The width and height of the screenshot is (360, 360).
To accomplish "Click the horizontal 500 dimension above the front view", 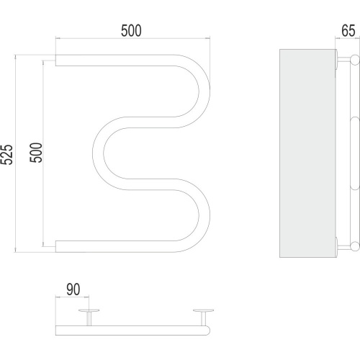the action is click(131, 30).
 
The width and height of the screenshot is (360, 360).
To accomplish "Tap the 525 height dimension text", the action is click(6, 154).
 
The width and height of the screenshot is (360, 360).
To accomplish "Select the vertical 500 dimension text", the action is click(36, 153).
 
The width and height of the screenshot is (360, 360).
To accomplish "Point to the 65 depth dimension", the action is click(348, 31).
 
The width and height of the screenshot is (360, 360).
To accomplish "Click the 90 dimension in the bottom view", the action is click(73, 289).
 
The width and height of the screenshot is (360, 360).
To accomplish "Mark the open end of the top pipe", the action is click(56, 60).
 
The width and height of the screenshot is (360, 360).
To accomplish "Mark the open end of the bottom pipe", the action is click(56, 246).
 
